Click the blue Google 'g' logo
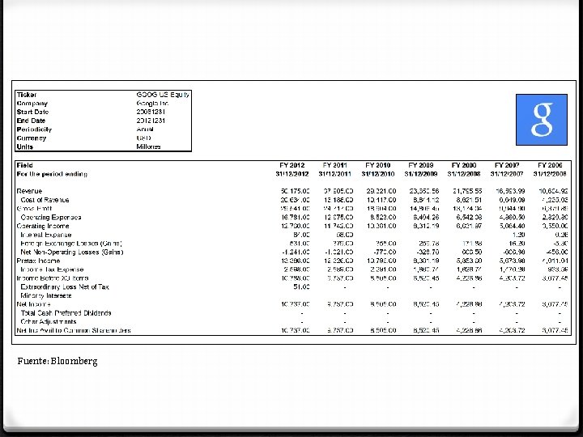click(x=541, y=120)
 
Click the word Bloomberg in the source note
click(x=77, y=361)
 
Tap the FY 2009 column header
click(x=422, y=165)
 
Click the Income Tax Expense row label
click(x=52, y=269)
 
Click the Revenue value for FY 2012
click(x=295, y=191)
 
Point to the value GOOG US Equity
click(x=162, y=95)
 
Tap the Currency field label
click(x=32, y=138)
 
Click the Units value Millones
click(x=149, y=146)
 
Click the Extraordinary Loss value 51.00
click(x=300, y=286)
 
